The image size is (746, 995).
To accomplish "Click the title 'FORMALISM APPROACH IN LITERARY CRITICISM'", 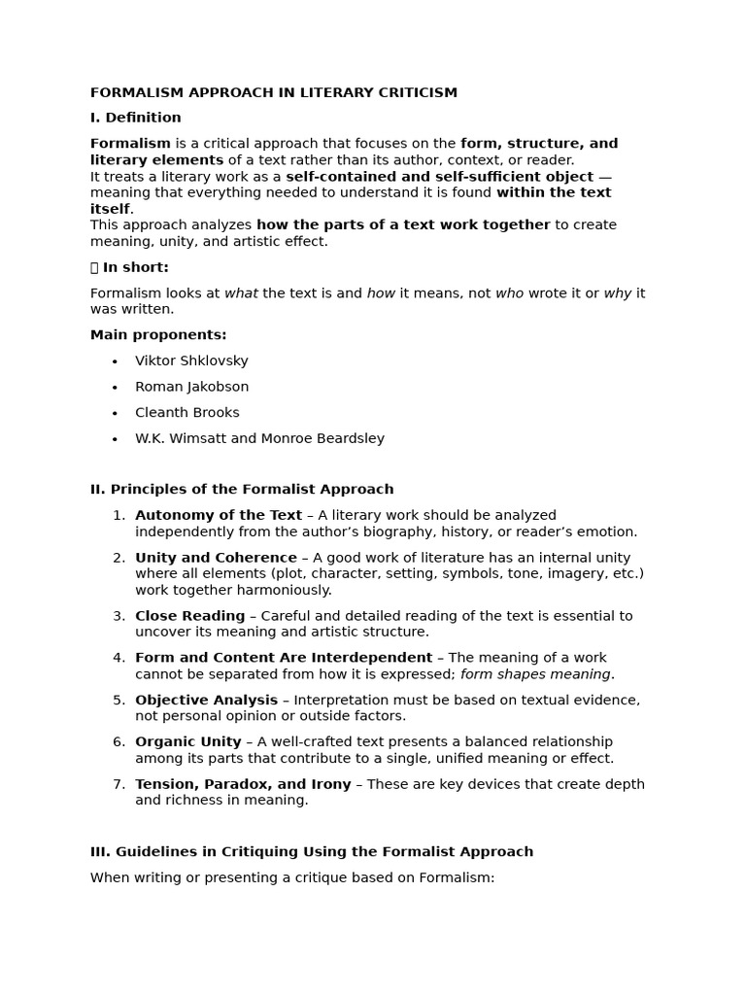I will (x=273, y=92).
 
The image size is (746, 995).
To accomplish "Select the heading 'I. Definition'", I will (x=135, y=118).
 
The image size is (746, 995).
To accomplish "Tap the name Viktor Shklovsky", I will (x=191, y=360).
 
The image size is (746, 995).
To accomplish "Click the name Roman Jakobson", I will (x=191, y=387).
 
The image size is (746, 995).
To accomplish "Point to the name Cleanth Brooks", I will (x=186, y=413).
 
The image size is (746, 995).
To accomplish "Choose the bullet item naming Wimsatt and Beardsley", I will (x=259, y=438).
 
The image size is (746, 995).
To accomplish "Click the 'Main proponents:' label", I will (x=158, y=335).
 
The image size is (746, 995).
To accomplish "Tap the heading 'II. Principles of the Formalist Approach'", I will (x=242, y=490).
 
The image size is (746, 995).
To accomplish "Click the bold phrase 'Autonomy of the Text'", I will (x=219, y=515).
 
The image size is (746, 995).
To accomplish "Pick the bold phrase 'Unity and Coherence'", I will (x=216, y=558).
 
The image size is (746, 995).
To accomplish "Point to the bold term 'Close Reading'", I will (x=189, y=616).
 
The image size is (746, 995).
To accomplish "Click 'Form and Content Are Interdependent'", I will (x=284, y=658).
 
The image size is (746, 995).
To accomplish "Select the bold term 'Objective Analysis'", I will (x=206, y=700).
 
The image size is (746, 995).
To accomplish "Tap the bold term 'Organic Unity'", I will (x=187, y=742).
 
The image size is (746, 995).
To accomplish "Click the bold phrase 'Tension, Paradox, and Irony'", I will (x=243, y=784).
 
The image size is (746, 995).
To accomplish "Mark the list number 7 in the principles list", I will (x=119, y=784).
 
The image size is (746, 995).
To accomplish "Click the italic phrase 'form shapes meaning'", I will (x=535, y=674).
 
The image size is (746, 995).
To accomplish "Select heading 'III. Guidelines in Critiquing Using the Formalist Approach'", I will (x=312, y=852).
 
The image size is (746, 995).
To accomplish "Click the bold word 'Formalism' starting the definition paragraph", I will (x=130, y=144).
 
